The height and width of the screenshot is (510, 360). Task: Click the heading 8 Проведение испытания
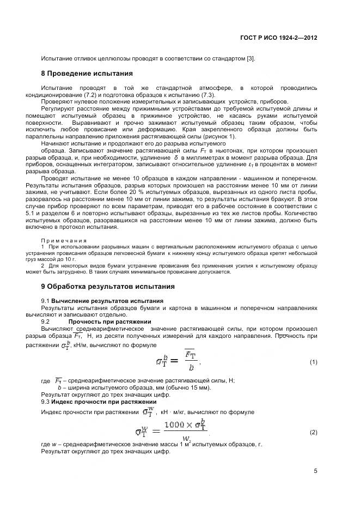point(87,73)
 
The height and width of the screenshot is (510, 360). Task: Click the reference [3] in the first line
point(250,59)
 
